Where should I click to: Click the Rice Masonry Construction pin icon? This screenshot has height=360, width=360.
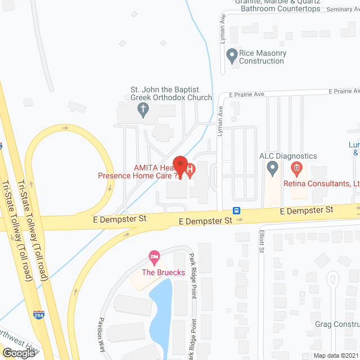pyautogui.click(x=231, y=55)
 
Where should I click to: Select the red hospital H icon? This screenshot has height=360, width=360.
pyautogui.click(x=190, y=168)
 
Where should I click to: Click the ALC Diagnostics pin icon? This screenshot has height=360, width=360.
pyautogui.click(x=273, y=167)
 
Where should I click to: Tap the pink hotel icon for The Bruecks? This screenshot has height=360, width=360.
pyautogui.click(x=154, y=258)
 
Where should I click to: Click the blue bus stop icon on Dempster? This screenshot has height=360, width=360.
pyautogui.click(x=238, y=211)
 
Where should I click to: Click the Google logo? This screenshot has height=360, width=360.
pyautogui.click(x=18, y=353)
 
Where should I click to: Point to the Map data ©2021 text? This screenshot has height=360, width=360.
pyautogui.click(x=336, y=355)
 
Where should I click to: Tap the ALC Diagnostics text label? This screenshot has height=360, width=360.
pyautogui.click(x=287, y=156)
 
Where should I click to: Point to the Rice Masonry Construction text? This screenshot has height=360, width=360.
pyautogui.click(x=263, y=57)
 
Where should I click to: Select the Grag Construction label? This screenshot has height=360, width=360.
pyautogui.click(x=337, y=325)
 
